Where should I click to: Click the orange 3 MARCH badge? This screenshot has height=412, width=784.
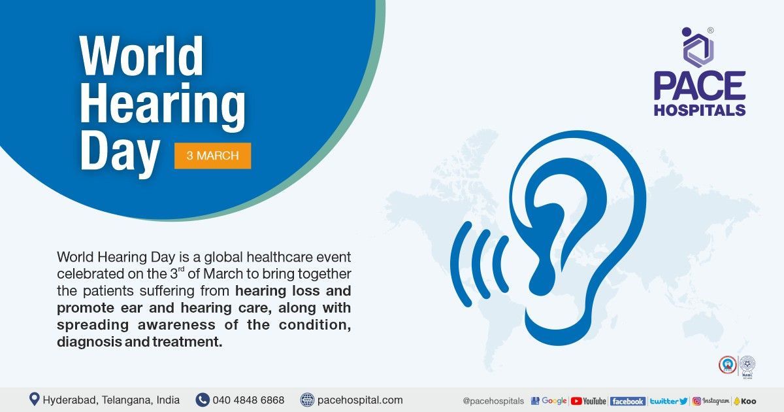point(212,156)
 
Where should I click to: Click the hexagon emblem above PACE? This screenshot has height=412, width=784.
point(698,47)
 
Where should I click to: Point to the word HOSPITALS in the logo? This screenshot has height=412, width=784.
point(700,110)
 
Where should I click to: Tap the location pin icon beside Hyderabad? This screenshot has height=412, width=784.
point(34,399)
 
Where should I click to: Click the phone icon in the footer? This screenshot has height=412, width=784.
point(203,400)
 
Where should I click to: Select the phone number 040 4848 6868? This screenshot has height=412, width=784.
point(249,400)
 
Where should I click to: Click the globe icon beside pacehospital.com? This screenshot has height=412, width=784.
point(307,400)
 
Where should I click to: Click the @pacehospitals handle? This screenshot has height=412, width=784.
point(493,401)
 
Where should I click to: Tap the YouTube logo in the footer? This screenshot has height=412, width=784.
point(589,401)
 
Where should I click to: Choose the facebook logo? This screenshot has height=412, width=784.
point(627,401)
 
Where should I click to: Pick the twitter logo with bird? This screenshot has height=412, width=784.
point(668,401)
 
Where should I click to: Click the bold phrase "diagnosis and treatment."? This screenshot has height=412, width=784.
point(139,341)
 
